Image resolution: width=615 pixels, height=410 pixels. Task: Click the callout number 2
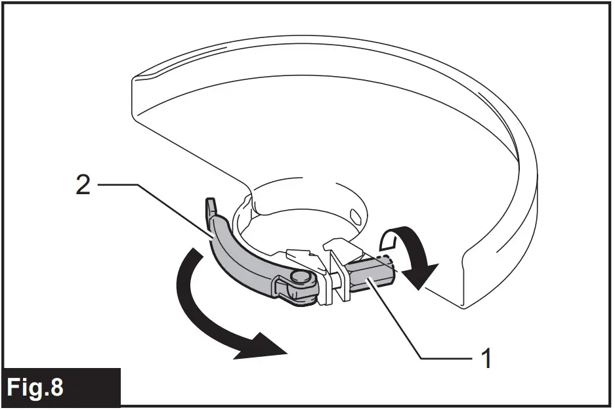tap(83, 186)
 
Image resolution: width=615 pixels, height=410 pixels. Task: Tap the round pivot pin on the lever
tap(301, 279)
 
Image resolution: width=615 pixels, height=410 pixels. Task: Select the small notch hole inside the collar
tap(354, 215)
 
